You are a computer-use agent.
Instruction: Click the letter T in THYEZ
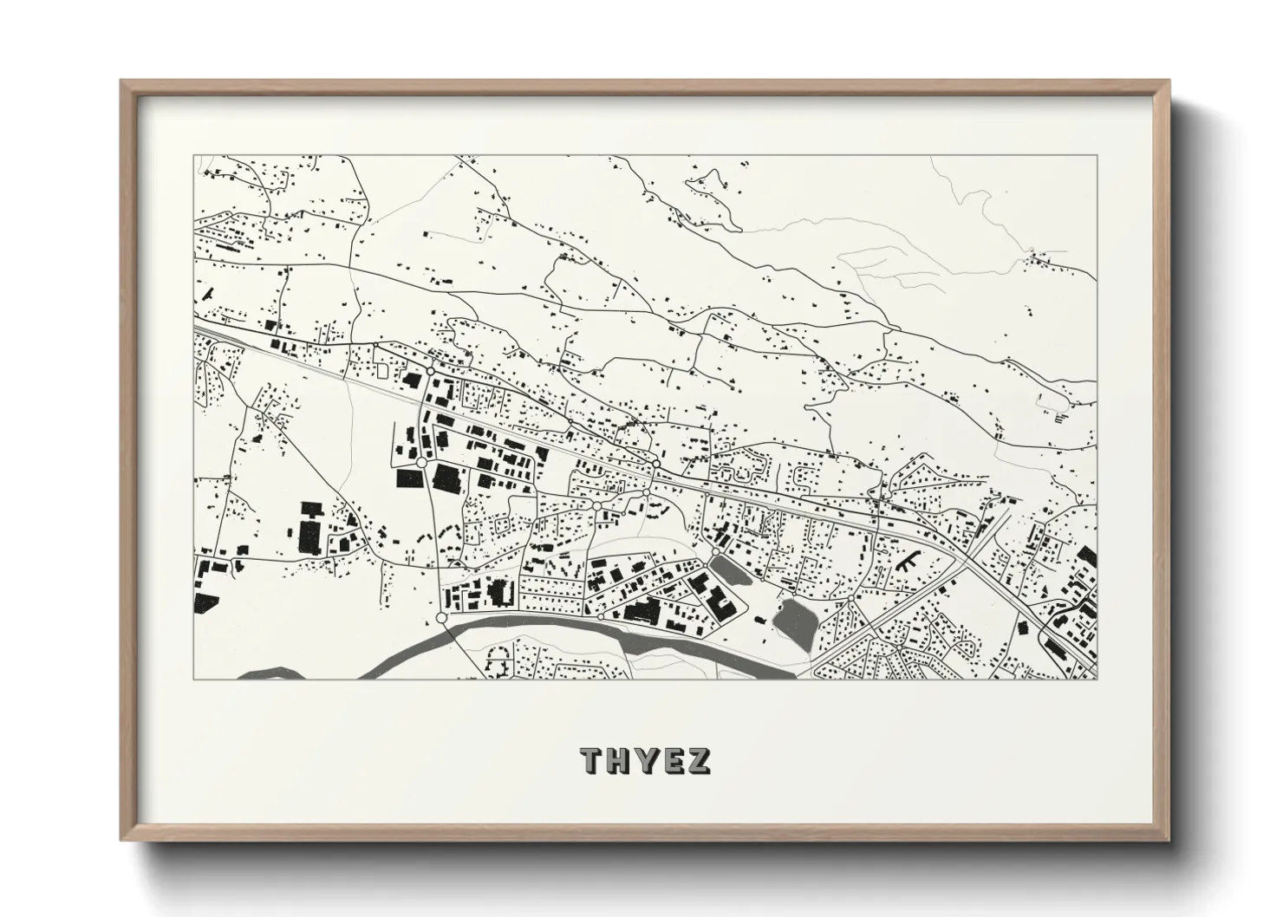[592, 760]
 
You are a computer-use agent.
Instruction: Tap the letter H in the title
[619, 760]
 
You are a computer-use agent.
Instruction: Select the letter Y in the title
[646, 760]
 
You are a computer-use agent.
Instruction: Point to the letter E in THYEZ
[672, 760]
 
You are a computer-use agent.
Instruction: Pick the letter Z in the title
[699, 760]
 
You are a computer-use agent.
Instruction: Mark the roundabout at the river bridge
[442, 617]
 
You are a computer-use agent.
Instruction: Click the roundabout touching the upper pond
[716, 551]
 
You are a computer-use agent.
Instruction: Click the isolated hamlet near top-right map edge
[1040, 257]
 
